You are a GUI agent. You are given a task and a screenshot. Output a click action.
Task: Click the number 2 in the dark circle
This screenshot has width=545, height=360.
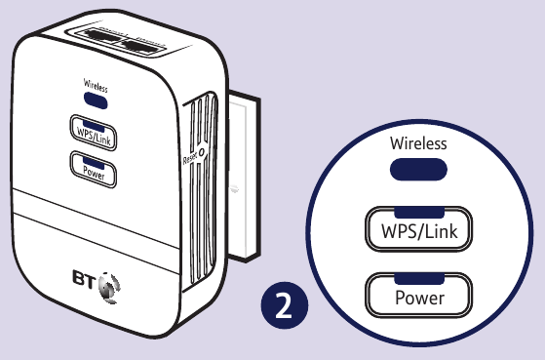pos(283,305)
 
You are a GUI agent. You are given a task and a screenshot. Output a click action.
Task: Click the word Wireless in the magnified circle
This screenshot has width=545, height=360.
pos(418,143)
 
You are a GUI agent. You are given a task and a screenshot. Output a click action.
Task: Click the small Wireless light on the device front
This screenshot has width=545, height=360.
pos(95,98)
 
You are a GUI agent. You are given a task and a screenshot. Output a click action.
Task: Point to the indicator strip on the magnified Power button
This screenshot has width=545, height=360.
pos(418,281)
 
